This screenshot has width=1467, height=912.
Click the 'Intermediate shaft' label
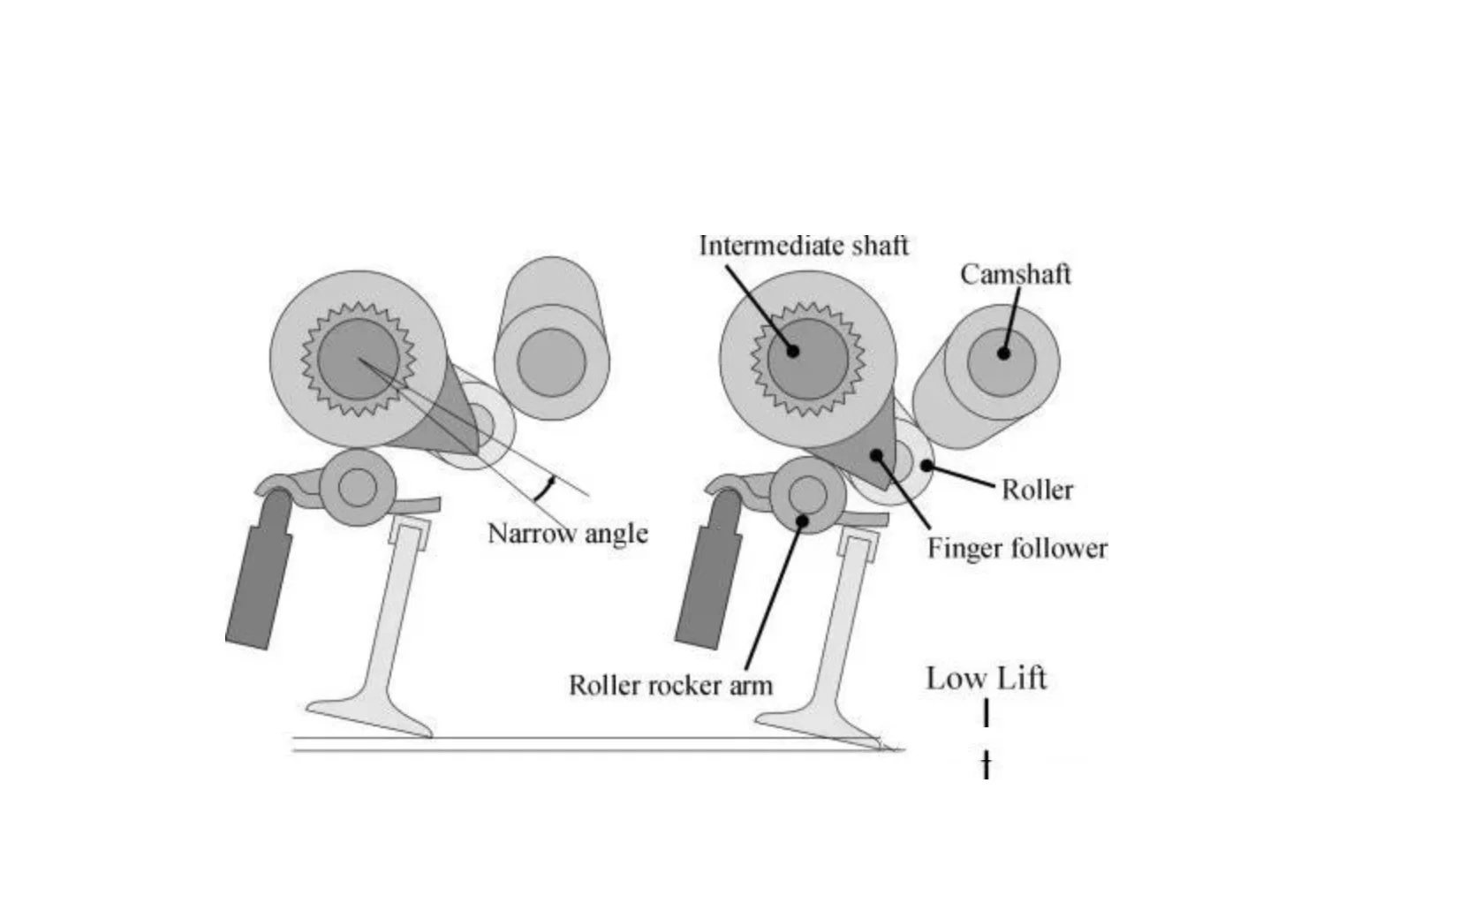pyautogui.click(x=803, y=245)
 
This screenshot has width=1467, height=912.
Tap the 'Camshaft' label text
pyautogui.click(x=1015, y=274)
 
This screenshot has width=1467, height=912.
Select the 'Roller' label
pyautogui.click(x=1037, y=490)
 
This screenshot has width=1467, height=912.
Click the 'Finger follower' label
pyautogui.click(x=1017, y=549)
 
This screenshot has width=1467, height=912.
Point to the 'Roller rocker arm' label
pyautogui.click(x=670, y=685)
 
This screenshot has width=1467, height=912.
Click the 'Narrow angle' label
pyautogui.click(x=568, y=533)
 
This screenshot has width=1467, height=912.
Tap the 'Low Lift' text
pyautogui.click(x=986, y=679)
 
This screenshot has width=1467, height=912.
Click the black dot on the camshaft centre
pyautogui.click(x=1003, y=353)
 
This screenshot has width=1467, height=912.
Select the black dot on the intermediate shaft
pyautogui.click(x=793, y=351)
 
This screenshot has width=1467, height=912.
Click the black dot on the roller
pyautogui.click(x=926, y=466)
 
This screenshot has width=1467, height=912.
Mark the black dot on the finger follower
pyautogui.click(x=876, y=455)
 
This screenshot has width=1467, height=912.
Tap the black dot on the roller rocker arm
pyautogui.click(x=802, y=520)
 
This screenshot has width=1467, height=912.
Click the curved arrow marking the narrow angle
pyautogui.click(x=545, y=487)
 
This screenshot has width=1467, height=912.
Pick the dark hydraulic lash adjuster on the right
pyautogui.click(x=707, y=583)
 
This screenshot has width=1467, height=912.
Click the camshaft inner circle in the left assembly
pyautogui.click(x=551, y=362)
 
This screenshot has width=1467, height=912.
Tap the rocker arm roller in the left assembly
pyautogui.click(x=357, y=488)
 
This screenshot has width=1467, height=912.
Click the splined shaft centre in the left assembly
pyautogui.click(x=358, y=359)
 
